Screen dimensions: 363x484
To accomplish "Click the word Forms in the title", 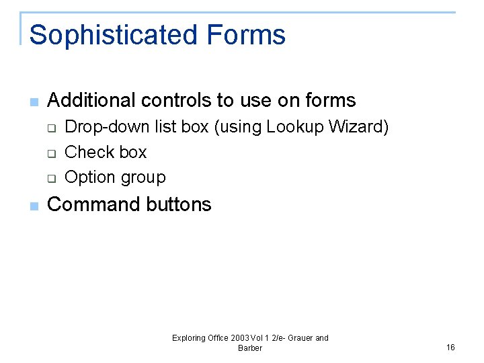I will (246, 35).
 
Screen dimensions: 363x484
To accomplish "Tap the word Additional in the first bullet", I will (91, 101).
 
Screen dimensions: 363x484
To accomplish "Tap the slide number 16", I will (450, 347).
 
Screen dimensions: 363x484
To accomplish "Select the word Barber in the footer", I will (250, 348).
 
